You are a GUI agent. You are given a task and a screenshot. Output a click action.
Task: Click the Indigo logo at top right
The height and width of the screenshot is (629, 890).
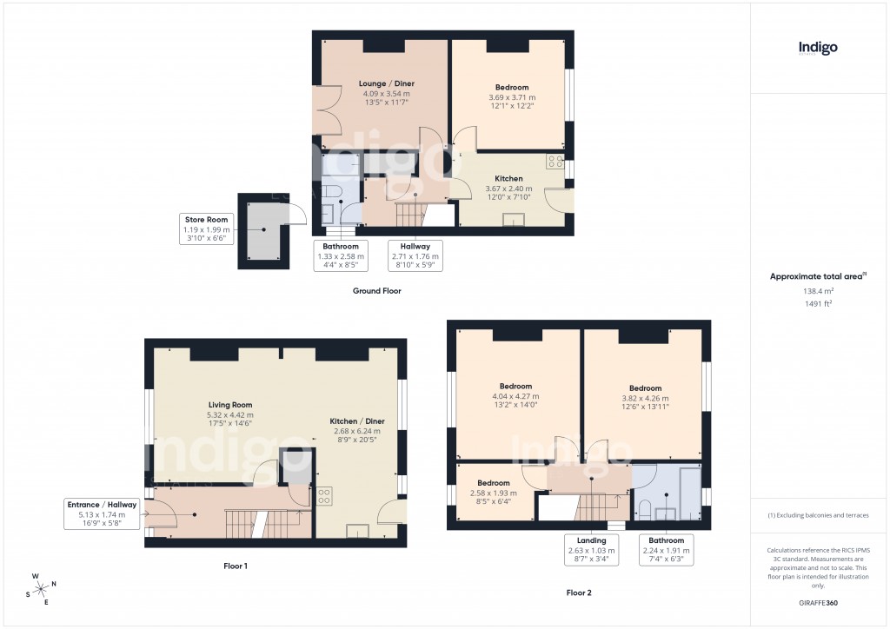(x=818, y=48)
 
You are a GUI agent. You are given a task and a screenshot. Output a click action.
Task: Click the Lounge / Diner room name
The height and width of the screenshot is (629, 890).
(x=387, y=83)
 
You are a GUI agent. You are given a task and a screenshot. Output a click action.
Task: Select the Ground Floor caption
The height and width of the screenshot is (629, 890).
(x=376, y=291)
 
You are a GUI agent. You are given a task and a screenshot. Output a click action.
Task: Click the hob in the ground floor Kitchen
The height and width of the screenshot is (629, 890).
(x=554, y=162)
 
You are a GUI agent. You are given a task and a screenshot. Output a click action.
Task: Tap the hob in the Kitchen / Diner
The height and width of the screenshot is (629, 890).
(x=323, y=496)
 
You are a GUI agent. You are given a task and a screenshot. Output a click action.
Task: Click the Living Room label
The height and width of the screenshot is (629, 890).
(x=230, y=404)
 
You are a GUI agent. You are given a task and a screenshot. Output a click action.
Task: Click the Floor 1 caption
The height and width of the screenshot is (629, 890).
(x=235, y=566)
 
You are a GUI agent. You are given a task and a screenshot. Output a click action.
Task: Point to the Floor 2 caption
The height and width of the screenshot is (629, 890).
(x=579, y=593)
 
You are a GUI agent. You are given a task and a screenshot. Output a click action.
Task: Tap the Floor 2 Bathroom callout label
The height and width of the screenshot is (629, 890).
(x=667, y=540)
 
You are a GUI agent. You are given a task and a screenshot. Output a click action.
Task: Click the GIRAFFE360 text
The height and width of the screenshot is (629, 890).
(x=817, y=603)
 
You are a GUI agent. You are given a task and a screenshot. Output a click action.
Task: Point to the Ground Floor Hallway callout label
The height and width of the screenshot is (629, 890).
(x=415, y=246)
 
